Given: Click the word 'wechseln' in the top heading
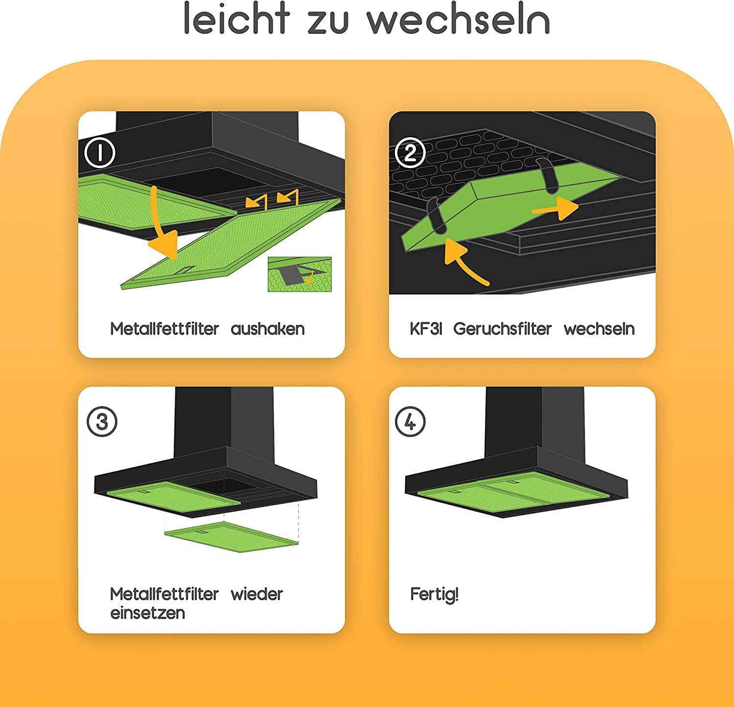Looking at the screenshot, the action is (x=458, y=20).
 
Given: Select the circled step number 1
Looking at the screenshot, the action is (x=100, y=153).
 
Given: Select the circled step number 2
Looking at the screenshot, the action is (x=410, y=153).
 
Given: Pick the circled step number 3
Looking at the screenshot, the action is (x=102, y=421).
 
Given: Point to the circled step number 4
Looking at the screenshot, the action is (x=410, y=421).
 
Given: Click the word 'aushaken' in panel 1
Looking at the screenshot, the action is (x=268, y=329).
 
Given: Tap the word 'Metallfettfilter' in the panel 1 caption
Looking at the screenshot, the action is (x=164, y=329).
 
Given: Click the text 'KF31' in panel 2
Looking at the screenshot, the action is (x=426, y=329).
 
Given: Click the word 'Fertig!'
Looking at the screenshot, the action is (x=434, y=594).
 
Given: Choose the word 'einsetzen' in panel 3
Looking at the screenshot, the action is (x=148, y=613).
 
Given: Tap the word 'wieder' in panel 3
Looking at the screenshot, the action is (x=257, y=594).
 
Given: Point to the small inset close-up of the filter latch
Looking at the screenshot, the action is (x=299, y=274).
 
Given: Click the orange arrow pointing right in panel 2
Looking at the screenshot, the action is (x=555, y=208).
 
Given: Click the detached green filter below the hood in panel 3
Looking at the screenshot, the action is (x=231, y=534).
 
